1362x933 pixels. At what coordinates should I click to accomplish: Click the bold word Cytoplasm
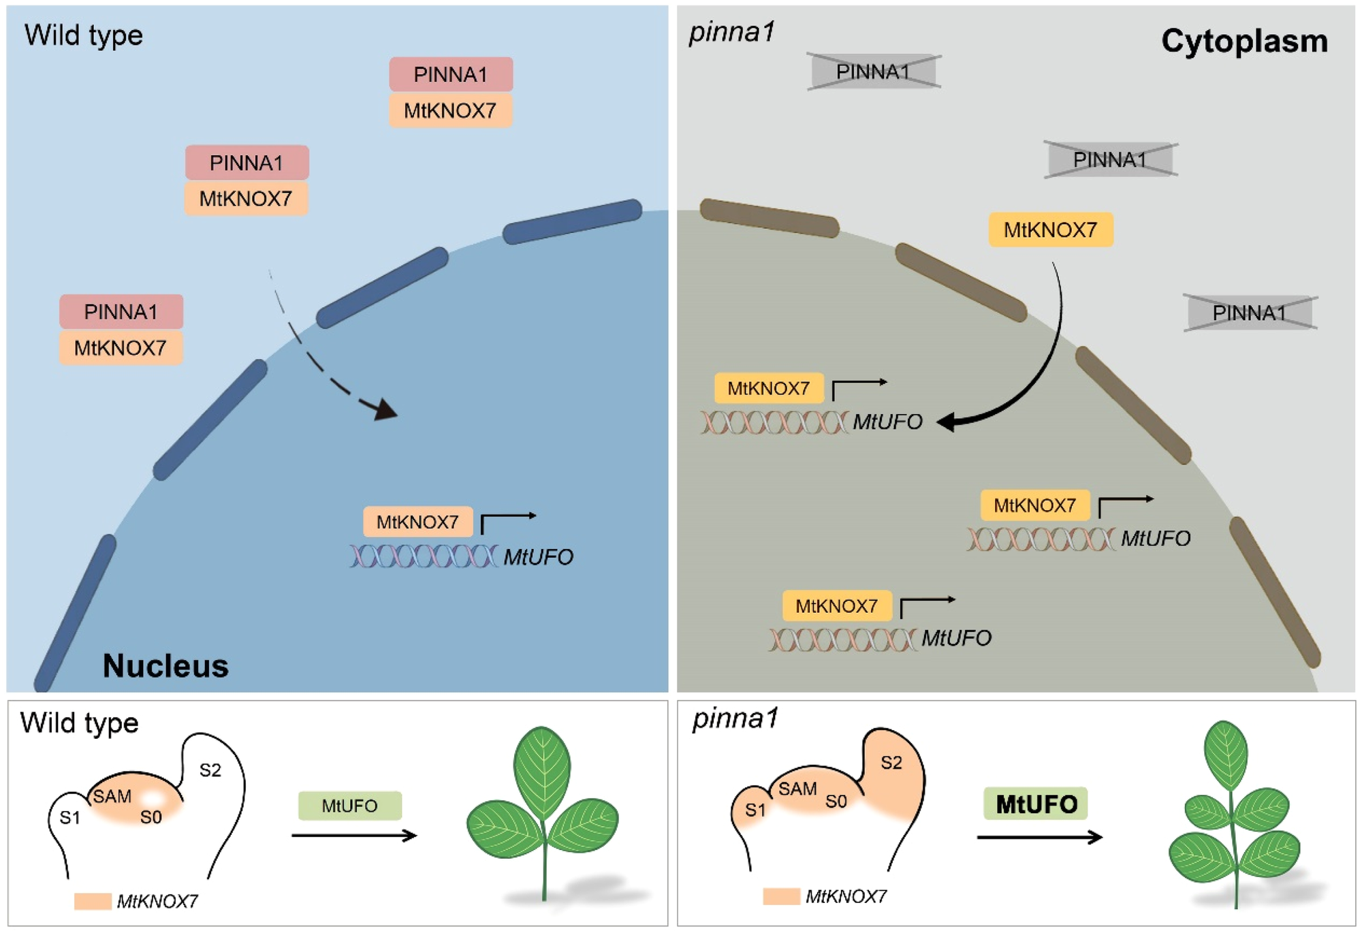click(1244, 42)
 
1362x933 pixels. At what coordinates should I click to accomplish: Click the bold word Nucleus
click(165, 665)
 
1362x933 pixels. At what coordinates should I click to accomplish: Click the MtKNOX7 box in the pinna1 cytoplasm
click(1050, 230)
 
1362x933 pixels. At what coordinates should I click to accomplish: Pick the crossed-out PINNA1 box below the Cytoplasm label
click(1110, 160)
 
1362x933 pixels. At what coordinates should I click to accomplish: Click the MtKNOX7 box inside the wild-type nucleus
click(417, 522)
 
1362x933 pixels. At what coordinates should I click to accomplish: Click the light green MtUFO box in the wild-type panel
click(349, 806)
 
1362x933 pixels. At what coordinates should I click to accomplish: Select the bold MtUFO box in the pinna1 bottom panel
click(1035, 804)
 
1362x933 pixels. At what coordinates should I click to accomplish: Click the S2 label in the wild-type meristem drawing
click(210, 770)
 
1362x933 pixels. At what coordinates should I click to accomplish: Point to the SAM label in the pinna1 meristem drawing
click(797, 789)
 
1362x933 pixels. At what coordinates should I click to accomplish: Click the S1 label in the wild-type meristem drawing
click(70, 817)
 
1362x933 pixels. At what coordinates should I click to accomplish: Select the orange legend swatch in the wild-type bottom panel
click(93, 901)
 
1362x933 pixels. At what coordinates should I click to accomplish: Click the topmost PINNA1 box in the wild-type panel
click(451, 74)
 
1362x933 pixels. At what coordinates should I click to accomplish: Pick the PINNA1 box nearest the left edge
click(121, 312)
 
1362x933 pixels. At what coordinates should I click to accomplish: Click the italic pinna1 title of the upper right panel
click(731, 32)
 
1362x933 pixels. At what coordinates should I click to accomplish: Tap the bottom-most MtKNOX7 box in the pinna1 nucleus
click(836, 605)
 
